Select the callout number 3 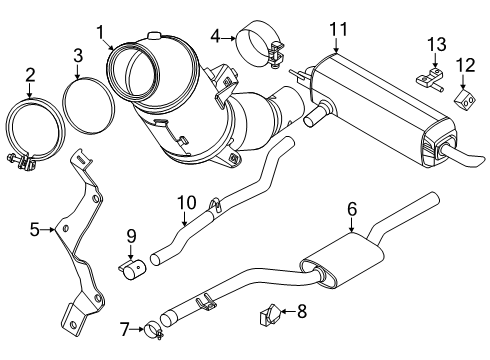click(x=78, y=55)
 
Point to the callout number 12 click(x=462, y=66)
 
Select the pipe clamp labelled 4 click(x=257, y=48)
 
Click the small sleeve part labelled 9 click(x=133, y=268)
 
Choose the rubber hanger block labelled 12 click(x=463, y=97)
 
